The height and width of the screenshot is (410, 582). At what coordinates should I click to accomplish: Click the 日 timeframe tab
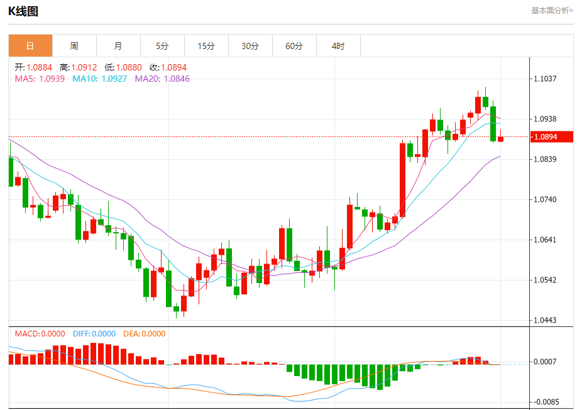point(30,46)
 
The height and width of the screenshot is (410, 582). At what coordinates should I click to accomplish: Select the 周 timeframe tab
point(74,46)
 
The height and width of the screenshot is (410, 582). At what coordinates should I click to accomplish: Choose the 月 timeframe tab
point(118,46)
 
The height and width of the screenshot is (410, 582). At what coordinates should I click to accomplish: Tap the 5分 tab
point(162,46)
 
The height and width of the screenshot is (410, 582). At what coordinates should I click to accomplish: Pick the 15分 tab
point(206,46)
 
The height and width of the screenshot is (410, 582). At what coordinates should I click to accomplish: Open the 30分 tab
point(250,46)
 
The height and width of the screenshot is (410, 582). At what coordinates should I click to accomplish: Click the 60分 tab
point(294,46)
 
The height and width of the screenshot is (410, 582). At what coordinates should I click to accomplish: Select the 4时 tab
point(338,46)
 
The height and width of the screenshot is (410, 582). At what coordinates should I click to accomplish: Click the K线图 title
point(23,11)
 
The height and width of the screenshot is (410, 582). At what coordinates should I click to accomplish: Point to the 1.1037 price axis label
point(546,79)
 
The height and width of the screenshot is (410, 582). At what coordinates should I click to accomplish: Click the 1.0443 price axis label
point(546,320)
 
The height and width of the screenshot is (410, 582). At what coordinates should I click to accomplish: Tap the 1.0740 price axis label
point(546,199)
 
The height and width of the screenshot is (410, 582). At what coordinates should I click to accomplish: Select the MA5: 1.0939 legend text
point(40,79)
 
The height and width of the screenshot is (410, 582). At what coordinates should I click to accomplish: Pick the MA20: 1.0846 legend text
point(162,79)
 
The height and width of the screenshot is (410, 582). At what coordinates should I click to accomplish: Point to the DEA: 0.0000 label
point(144,334)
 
